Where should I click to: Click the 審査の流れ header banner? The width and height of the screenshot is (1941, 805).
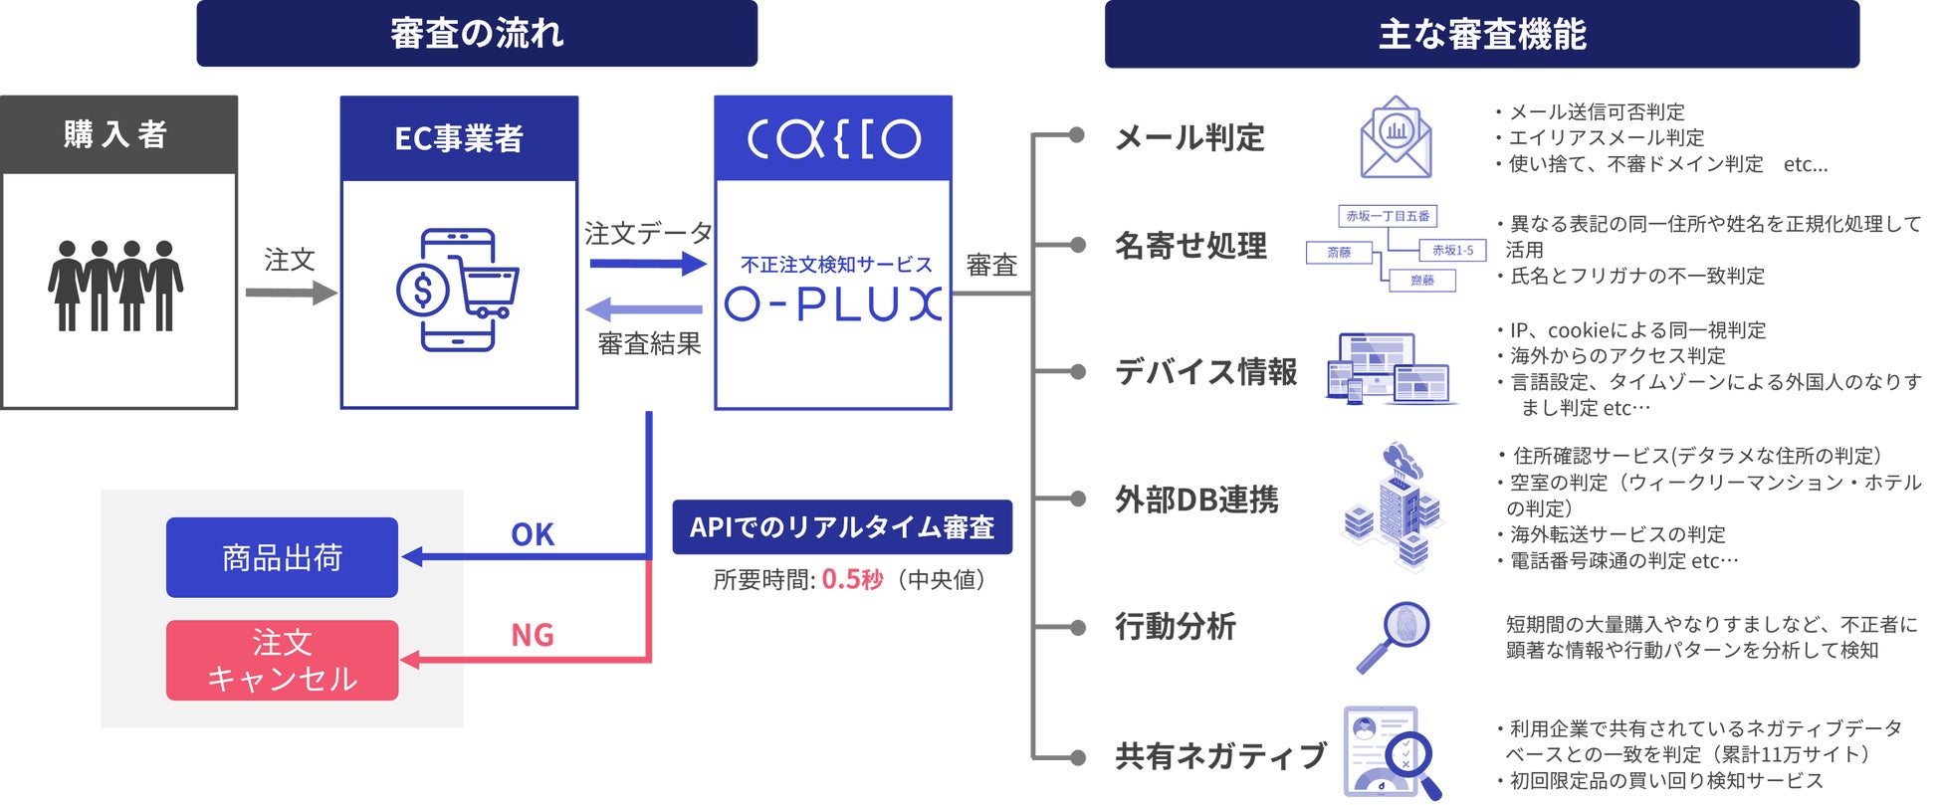coord(477,34)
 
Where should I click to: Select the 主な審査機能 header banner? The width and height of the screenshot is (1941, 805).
coord(1481,35)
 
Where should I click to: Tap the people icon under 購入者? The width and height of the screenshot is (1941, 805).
coord(116,286)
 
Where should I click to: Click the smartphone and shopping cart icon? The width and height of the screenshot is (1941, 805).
coord(457,290)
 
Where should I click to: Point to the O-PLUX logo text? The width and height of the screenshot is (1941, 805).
coord(833,303)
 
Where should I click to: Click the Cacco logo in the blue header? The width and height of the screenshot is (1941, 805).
coord(833,138)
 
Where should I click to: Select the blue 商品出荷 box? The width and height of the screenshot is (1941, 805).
coord(282,557)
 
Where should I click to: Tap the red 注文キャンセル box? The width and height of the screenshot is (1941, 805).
coord(282,661)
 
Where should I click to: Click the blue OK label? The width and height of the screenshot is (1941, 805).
coord(533,534)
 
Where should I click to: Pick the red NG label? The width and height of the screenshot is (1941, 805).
coord(533,635)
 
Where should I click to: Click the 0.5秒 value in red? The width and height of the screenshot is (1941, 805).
coord(852,579)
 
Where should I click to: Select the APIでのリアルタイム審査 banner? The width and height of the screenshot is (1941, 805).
coord(842,527)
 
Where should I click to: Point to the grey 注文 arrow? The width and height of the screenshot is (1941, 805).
coord(292,293)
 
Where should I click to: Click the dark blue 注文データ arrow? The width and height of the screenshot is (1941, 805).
coord(647,264)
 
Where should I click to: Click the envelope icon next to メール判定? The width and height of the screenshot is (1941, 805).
coord(1396,138)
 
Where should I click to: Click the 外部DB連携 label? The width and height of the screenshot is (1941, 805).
coord(1196,500)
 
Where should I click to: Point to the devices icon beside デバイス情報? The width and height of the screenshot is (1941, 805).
coord(1390,369)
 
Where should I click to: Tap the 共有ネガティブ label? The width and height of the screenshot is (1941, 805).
coord(1220,756)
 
